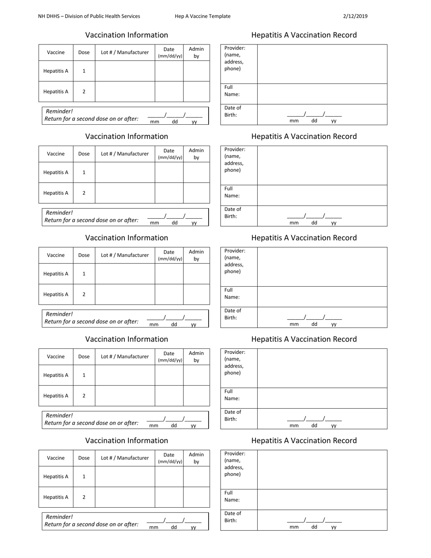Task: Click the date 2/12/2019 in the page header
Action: point(355,16)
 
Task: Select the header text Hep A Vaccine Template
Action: point(202,16)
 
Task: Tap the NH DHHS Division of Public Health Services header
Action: point(89,16)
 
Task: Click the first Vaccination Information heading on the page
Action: point(127,35)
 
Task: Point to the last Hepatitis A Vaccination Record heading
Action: point(304,441)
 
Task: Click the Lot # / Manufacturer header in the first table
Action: point(125,53)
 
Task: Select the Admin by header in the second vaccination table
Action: point(196,154)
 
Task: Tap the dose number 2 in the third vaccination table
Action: point(84,294)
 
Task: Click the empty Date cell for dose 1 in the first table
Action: point(169,71)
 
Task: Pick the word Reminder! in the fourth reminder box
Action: point(59,416)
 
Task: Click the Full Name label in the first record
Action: point(232,91)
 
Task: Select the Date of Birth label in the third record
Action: point(233,314)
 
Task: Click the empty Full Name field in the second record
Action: point(322,195)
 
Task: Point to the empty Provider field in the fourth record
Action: point(322,368)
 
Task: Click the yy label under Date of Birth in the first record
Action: point(333,121)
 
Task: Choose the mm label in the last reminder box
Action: point(154,527)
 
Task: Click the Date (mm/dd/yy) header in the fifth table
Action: point(169,458)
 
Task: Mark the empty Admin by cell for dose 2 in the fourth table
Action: point(196,396)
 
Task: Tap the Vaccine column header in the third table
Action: point(56,255)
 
